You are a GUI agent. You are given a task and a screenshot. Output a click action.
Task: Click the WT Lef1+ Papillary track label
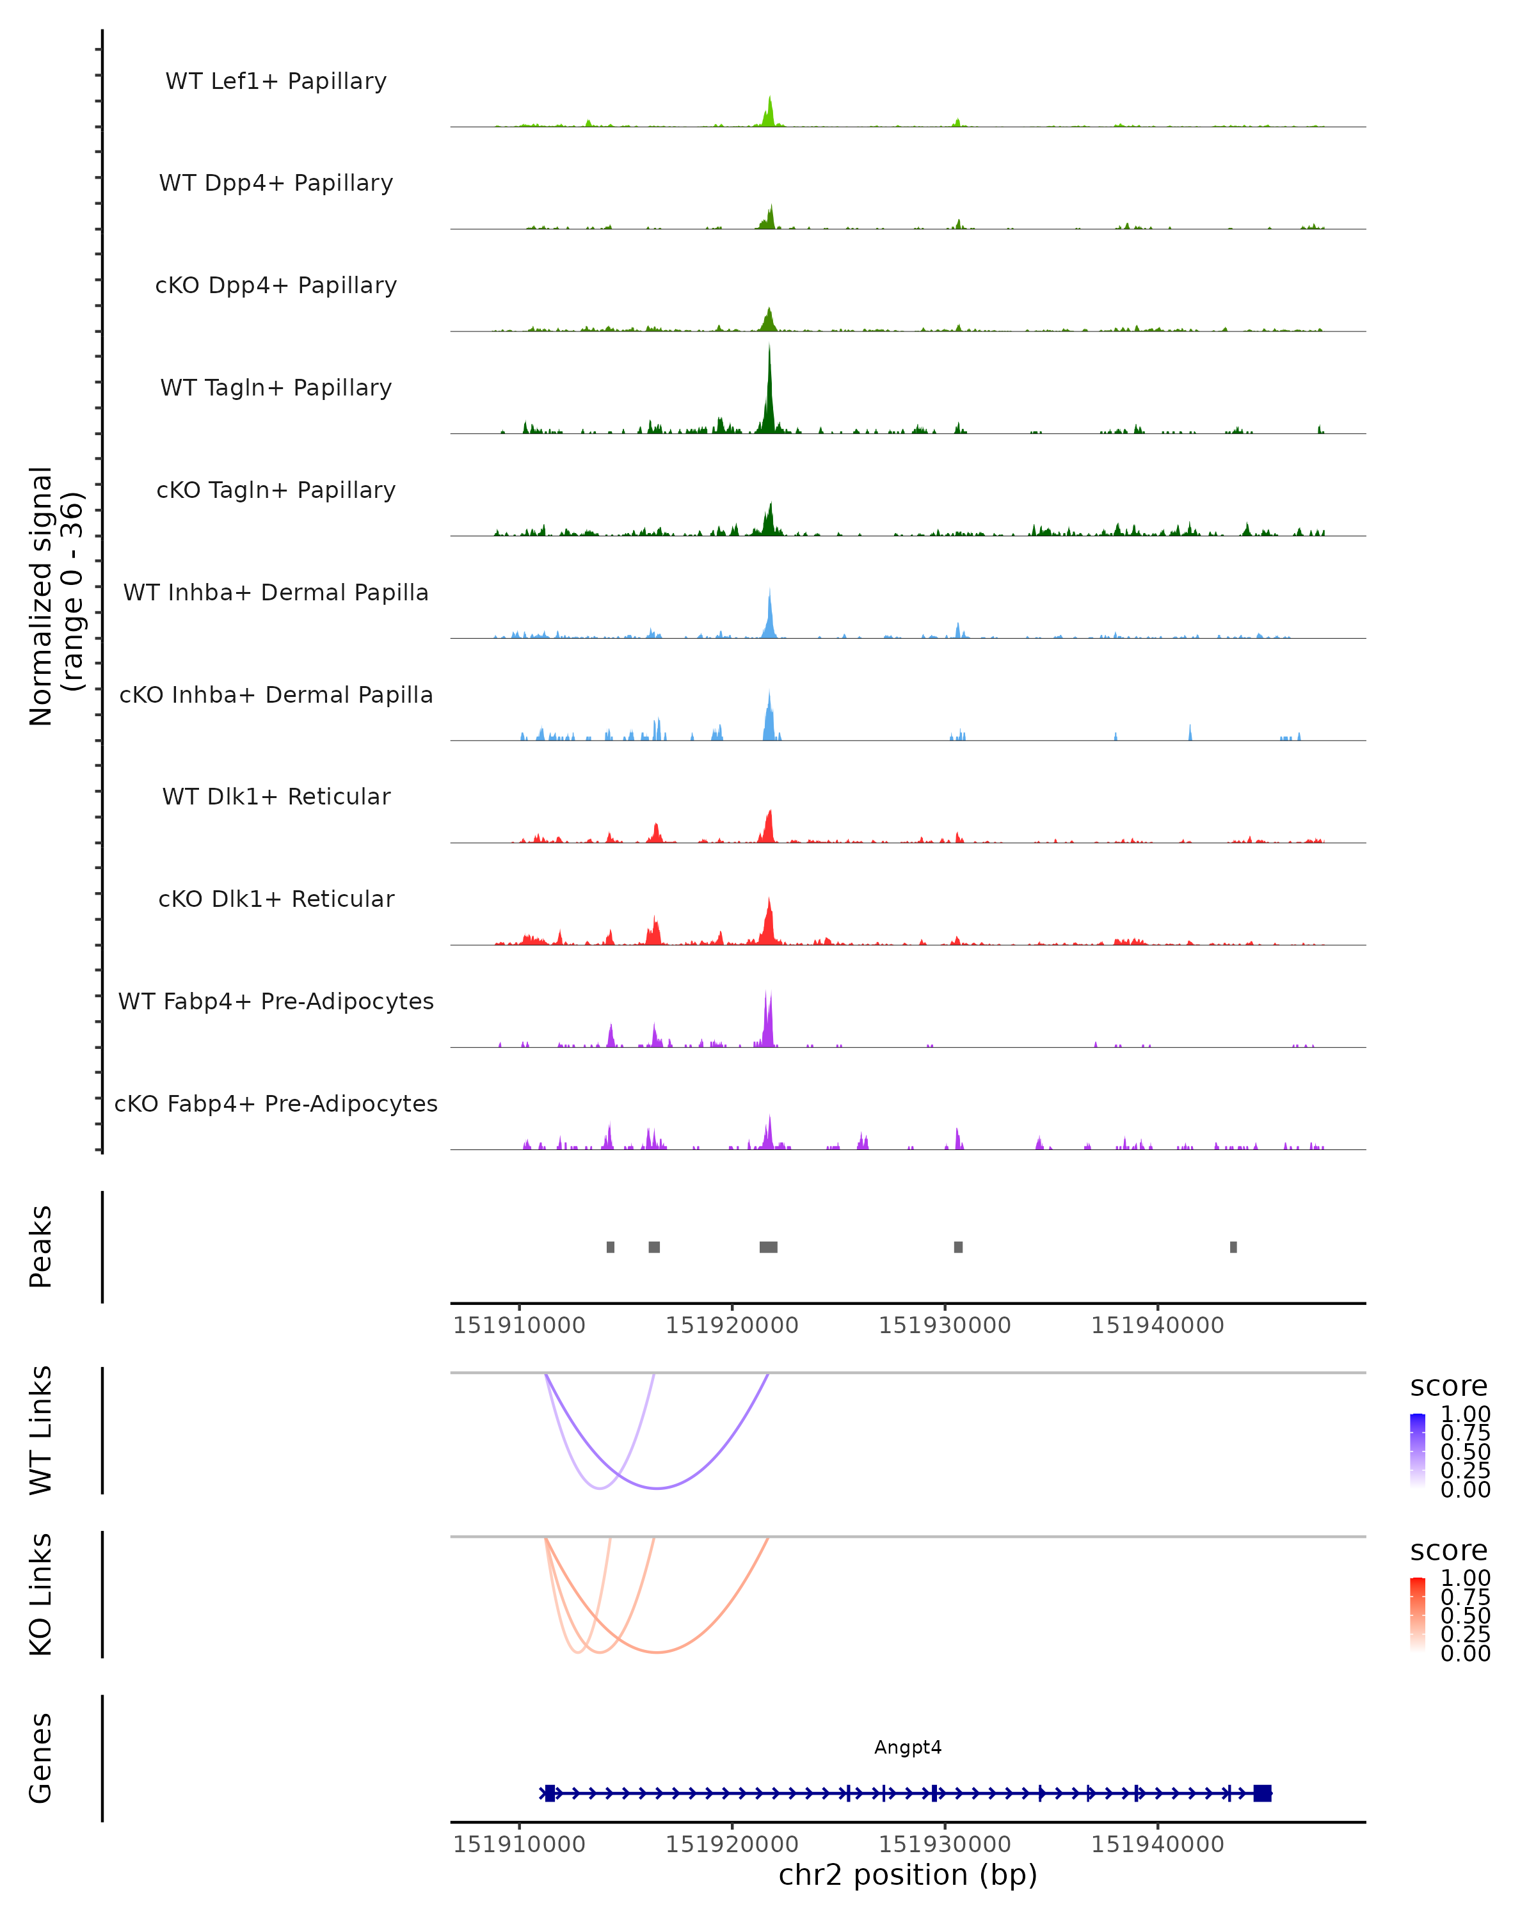(276, 81)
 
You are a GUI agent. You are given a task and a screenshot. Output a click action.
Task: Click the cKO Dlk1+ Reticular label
(276, 899)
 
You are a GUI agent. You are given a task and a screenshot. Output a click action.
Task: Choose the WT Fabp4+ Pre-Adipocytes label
(276, 1001)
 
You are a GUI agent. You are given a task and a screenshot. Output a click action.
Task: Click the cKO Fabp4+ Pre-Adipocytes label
(276, 1103)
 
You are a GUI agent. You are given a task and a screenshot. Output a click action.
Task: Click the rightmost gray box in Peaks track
(1233, 1247)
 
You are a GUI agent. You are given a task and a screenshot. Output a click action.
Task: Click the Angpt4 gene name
(908, 1747)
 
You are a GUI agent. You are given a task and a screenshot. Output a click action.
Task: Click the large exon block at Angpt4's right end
(1261, 1793)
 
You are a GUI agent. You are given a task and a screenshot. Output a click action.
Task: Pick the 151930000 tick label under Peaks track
(945, 1325)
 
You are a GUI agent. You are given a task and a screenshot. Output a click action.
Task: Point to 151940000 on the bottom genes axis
(1158, 1844)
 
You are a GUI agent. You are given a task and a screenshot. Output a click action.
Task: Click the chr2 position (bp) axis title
(908, 1875)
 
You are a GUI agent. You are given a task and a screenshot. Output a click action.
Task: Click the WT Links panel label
(41, 1430)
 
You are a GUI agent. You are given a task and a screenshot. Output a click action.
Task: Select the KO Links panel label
(41, 1594)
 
